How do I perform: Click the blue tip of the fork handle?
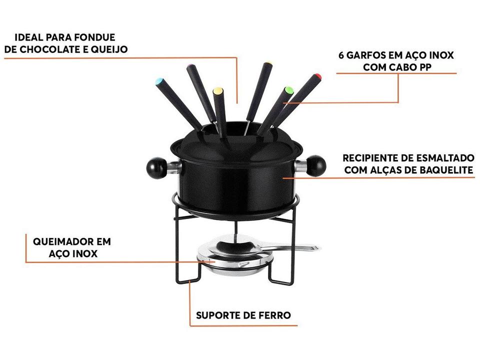[159, 81]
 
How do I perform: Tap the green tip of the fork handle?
[287, 90]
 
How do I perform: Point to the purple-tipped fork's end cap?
[190, 66]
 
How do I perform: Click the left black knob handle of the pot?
[156, 167]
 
